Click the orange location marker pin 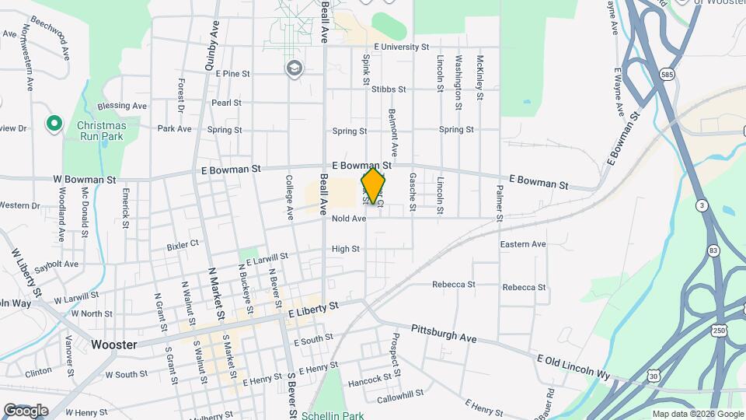[x=373, y=186]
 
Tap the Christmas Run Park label [x=101, y=131]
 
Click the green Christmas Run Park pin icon [x=54, y=123]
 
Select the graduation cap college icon [x=294, y=68]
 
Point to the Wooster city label [x=113, y=345]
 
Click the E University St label [x=401, y=47]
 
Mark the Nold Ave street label [x=348, y=219]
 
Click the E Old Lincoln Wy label [x=573, y=367]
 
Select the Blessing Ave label [x=122, y=106]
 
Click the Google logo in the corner [x=26, y=410]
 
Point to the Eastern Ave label [x=523, y=244]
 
